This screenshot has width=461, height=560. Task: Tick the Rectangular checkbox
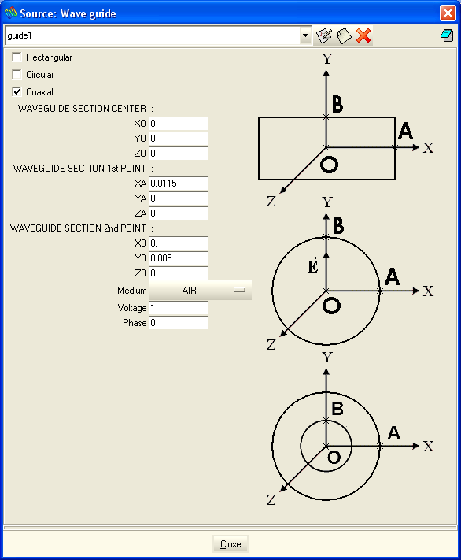17,57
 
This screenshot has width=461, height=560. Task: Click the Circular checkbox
17,74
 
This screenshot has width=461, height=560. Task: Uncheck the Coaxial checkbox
17,92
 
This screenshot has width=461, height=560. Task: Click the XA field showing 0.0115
179,184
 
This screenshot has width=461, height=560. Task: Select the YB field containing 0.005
179,258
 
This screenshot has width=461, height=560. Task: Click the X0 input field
179,124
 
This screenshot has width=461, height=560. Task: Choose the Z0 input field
179,154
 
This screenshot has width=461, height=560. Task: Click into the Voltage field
179,307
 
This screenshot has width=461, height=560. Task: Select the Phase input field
179,322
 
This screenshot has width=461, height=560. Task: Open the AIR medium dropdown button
200,291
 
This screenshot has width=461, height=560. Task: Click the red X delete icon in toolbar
363,35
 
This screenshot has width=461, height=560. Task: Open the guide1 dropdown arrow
305,35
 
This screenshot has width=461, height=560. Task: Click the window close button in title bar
448,13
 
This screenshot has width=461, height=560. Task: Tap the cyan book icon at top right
447,35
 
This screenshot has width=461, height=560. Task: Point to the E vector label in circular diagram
312,265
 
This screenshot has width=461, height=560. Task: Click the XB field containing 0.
179,243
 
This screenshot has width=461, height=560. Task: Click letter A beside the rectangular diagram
405,131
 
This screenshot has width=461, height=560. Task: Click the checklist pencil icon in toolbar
324,35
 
